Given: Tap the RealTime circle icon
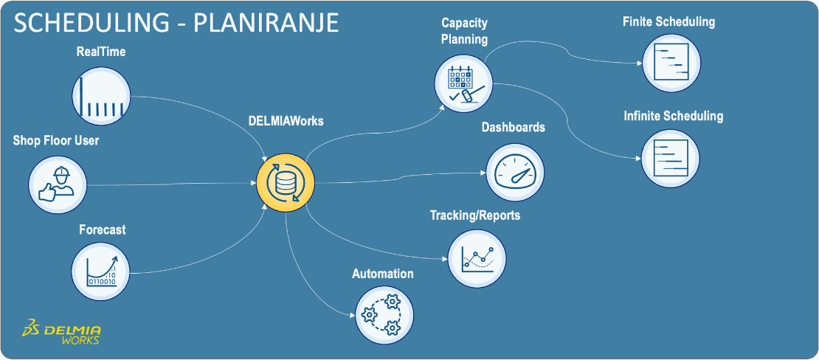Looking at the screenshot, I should pyautogui.click(x=102, y=96).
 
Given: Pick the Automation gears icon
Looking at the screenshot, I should pyautogui.click(x=383, y=314).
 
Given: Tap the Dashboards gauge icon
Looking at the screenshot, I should pyautogui.click(x=515, y=172).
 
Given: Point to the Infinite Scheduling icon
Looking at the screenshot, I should pyautogui.click(x=671, y=157).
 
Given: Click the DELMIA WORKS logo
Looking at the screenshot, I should pyautogui.click(x=62, y=333).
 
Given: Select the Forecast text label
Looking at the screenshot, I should pyautogui.click(x=103, y=230).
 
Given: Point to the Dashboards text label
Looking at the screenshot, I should pyautogui.click(x=514, y=128).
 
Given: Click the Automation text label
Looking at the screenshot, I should pyautogui.click(x=382, y=274).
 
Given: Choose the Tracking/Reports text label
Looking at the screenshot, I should pyautogui.click(x=475, y=215).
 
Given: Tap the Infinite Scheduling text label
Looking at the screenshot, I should pyautogui.click(x=673, y=117).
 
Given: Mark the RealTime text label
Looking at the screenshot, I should pyautogui.click(x=101, y=52).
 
